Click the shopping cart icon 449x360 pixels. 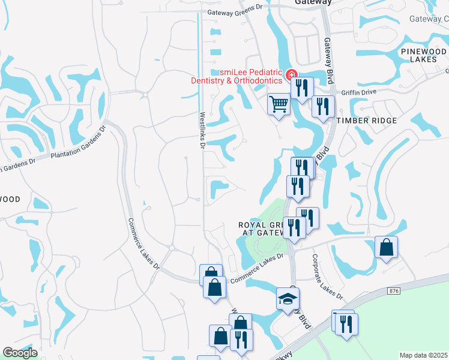[x=279, y=104]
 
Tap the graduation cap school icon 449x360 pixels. [x=288, y=298]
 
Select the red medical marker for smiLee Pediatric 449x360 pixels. [x=292, y=75]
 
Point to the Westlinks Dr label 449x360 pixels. [x=202, y=131]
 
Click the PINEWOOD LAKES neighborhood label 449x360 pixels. [x=423, y=56]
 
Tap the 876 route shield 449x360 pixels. [x=394, y=291]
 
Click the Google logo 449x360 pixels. [x=20, y=353]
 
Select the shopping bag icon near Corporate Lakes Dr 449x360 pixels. [x=386, y=247]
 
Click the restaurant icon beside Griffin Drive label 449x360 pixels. [x=324, y=107]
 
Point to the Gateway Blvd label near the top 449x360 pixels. [x=328, y=55]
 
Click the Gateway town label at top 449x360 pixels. [x=313, y=2]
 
